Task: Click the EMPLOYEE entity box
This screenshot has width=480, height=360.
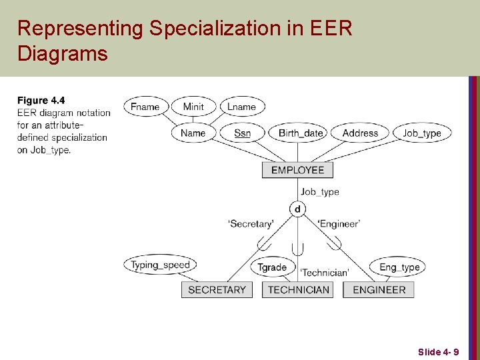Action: click(x=297, y=170)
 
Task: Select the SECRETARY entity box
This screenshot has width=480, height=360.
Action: click(x=217, y=289)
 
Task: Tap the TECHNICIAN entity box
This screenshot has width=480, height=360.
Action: click(x=298, y=289)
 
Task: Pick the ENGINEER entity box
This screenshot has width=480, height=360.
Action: click(x=379, y=289)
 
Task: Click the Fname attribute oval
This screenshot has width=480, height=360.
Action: click(x=145, y=107)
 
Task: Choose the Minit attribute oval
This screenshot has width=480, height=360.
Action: click(x=193, y=107)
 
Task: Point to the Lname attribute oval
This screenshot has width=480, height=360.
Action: click(x=241, y=107)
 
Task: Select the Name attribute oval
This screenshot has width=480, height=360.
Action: click(x=193, y=133)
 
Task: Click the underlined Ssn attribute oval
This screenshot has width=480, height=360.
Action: click(x=242, y=133)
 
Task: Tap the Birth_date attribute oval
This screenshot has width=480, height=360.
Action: click(x=301, y=133)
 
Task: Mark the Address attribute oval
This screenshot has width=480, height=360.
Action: click(x=360, y=133)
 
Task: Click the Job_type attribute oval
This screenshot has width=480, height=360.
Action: click(x=422, y=133)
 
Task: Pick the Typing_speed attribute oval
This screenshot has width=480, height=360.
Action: click(x=160, y=265)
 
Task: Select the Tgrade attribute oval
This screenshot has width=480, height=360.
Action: click(x=272, y=267)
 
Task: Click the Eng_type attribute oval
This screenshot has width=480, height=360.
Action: click(x=399, y=267)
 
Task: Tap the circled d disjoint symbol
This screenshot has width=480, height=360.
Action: click(x=297, y=209)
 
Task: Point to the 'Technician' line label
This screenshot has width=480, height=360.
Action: click(x=324, y=272)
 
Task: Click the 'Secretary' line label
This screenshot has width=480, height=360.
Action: click(x=251, y=224)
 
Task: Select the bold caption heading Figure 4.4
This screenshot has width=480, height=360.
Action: click(x=41, y=101)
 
